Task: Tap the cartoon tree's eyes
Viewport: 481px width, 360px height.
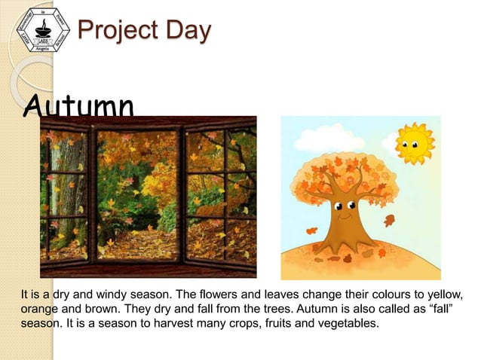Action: (x=345, y=206)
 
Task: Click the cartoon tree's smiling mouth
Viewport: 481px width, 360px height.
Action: (x=346, y=218)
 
